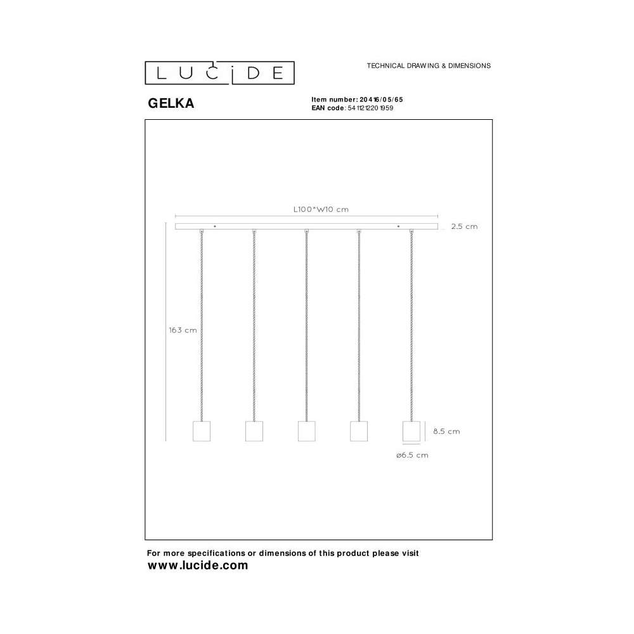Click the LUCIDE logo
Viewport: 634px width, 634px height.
coord(219,73)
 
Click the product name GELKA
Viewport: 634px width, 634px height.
coord(171,103)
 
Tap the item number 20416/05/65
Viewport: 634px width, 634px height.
coord(381,100)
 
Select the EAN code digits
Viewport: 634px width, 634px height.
coord(370,108)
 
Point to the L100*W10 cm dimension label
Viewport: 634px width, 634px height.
coord(321,209)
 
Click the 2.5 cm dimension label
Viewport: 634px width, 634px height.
coord(464,226)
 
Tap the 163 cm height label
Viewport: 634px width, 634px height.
coord(183,330)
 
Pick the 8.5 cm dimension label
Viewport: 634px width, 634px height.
coord(446,431)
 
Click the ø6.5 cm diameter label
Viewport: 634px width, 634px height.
coord(412,455)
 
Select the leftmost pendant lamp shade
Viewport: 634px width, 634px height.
coord(202,431)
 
